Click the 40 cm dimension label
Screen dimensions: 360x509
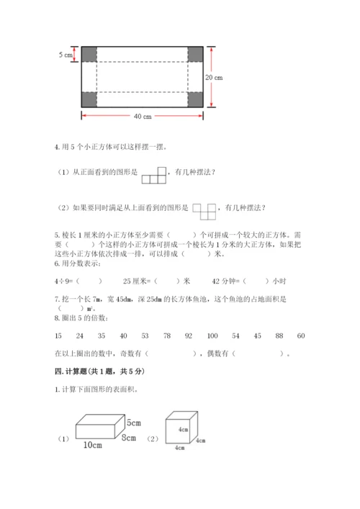click(143, 117)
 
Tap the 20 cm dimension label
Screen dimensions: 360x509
click(213, 78)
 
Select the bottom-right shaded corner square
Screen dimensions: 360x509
click(195, 99)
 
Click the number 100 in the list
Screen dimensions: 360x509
click(212, 335)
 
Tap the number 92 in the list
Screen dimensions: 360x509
click(189, 335)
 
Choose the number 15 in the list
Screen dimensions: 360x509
click(58, 335)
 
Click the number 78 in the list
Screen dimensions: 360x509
click(166, 335)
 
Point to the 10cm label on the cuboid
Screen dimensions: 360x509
click(92, 445)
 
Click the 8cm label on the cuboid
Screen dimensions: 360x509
click(129, 437)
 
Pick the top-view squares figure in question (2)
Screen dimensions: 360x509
click(204, 209)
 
